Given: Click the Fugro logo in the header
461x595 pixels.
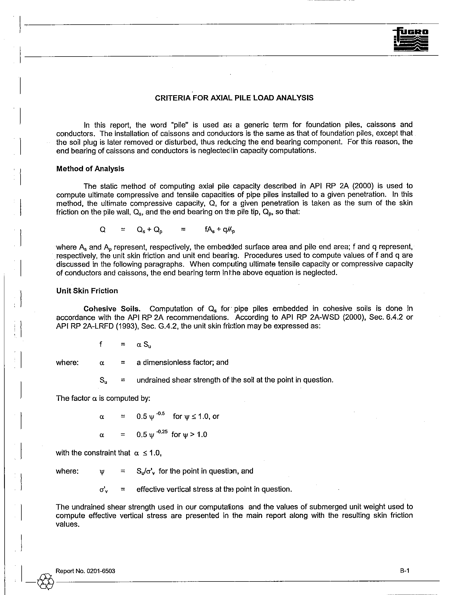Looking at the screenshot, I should click(411, 40).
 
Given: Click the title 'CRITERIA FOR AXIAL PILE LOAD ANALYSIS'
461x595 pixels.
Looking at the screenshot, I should click(234, 98).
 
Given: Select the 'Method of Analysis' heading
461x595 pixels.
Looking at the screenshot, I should click(90, 169).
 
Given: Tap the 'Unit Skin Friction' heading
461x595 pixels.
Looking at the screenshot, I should click(87, 291).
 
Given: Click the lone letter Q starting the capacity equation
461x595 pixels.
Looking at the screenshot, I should click(103, 230).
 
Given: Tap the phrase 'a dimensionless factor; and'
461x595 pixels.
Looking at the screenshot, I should click(182, 362).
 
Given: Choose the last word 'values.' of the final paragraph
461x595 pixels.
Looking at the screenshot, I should click(67, 524).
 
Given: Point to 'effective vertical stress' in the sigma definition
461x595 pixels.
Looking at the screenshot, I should click(175, 489).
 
